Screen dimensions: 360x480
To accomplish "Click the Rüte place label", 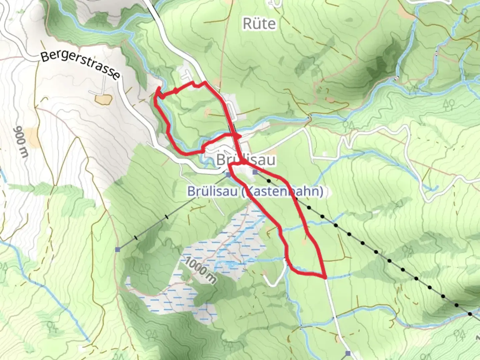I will pyautogui.click(x=259, y=24).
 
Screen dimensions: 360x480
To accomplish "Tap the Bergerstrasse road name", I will pyautogui.click(x=80, y=66).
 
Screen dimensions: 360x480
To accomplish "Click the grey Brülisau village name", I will pyautogui.click(x=246, y=160).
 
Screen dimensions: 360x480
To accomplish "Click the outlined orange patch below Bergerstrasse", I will pyautogui.click(x=103, y=99).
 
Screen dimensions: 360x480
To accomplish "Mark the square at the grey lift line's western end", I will pyautogui.click(x=118, y=249).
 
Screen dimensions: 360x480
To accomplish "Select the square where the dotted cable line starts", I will pyautogui.click(x=255, y=172).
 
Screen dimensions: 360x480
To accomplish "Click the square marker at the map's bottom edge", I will pyautogui.click(x=348, y=353).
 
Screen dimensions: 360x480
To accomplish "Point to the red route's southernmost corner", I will pyautogui.click(x=325, y=277).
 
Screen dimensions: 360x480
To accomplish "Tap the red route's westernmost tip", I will pyautogui.click(x=155, y=97).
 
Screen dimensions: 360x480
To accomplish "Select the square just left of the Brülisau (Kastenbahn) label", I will pyautogui.click(x=228, y=174).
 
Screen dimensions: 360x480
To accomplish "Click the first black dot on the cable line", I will pyautogui.click(x=269, y=180).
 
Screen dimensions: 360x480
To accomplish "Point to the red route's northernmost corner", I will pyautogui.click(x=204, y=82).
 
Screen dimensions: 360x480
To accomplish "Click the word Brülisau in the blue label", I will pyautogui.click(x=212, y=192).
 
